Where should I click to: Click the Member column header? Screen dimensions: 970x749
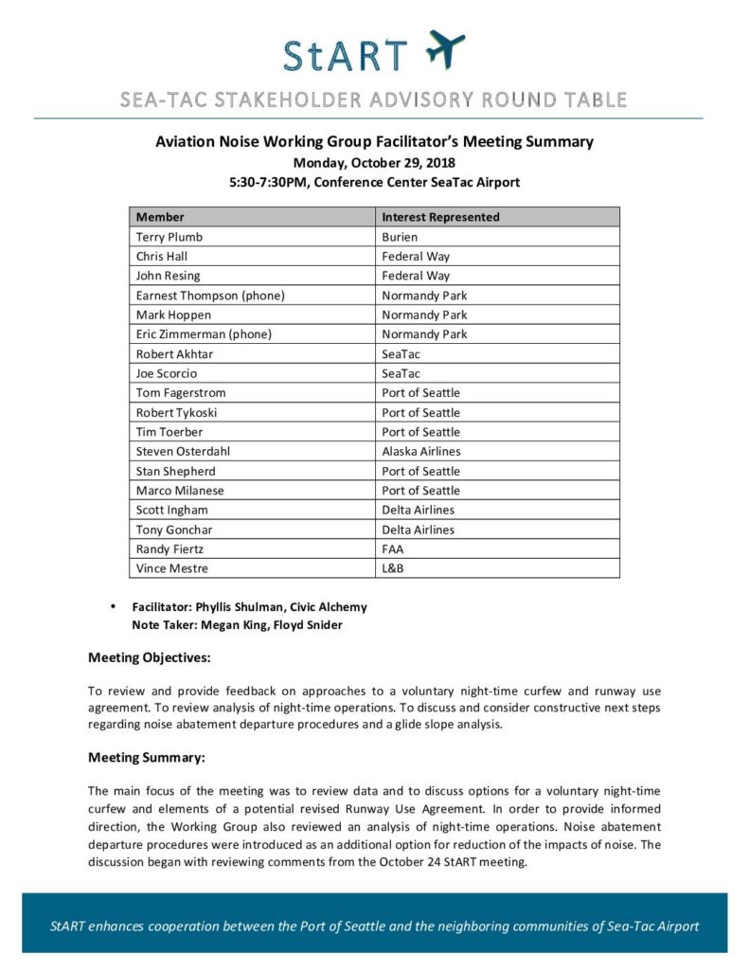point(160,217)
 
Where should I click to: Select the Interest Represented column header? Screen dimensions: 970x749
point(440,217)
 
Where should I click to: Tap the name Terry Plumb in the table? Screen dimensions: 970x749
point(169,237)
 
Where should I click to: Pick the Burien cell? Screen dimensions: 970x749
point(401,237)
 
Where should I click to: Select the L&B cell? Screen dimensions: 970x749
point(394,568)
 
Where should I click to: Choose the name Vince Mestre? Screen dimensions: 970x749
point(171,568)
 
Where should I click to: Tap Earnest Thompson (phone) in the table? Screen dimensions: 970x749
point(210,296)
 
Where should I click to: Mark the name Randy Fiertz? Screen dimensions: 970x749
point(169,549)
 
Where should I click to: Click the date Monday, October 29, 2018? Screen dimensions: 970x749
point(374,162)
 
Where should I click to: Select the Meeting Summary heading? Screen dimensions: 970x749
point(146,758)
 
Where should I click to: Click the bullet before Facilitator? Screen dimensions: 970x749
point(113,606)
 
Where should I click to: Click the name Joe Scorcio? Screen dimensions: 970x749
point(166,373)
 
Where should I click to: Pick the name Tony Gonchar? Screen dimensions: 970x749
point(174,530)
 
